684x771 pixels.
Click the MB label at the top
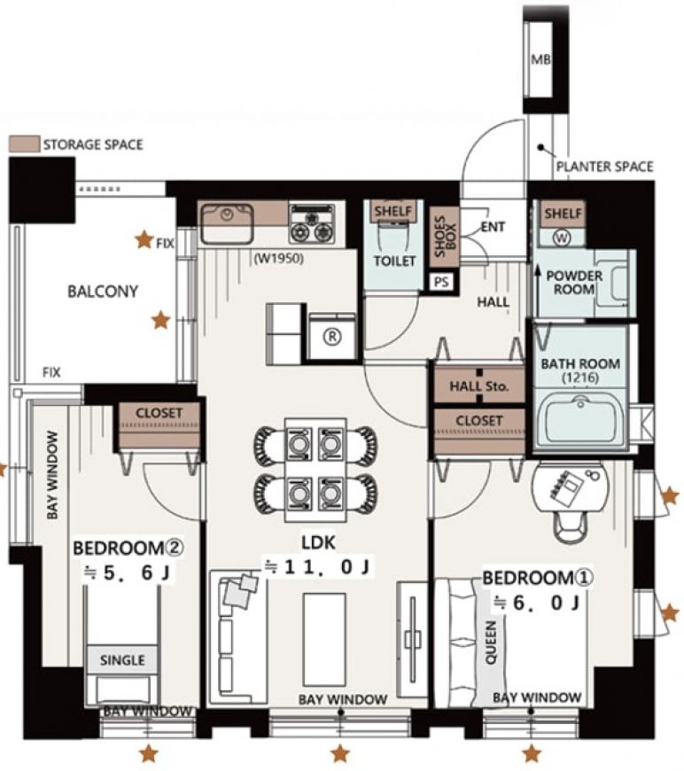(540, 59)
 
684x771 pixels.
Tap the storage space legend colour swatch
(24, 144)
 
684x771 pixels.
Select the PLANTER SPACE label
(604, 167)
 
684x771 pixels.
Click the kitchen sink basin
(227, 223)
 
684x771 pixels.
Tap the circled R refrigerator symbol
(332, 337)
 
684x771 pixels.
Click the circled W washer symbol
(562, 238)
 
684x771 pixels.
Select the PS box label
(441, 282)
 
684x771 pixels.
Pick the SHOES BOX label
(446, 237)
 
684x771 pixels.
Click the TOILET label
(394, 261)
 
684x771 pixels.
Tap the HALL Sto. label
(478, 386)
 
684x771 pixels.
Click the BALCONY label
(103, 291)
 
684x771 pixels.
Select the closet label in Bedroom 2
(159, 413)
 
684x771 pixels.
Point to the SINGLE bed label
(122, 660)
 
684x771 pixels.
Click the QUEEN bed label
(491, 642)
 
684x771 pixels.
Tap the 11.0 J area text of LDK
(318, 567)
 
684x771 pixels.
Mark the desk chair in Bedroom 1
(571, 527)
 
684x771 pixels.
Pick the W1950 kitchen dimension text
(278, 258)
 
